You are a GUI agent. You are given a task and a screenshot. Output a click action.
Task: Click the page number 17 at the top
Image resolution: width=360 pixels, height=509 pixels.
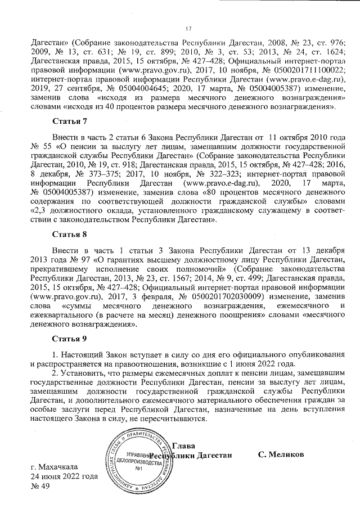click(189, 29)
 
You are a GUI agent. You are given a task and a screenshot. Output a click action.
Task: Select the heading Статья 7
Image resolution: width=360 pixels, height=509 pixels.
click(69, 121)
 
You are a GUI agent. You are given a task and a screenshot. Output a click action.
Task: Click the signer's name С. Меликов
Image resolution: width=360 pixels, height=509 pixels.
click(281, 454)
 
